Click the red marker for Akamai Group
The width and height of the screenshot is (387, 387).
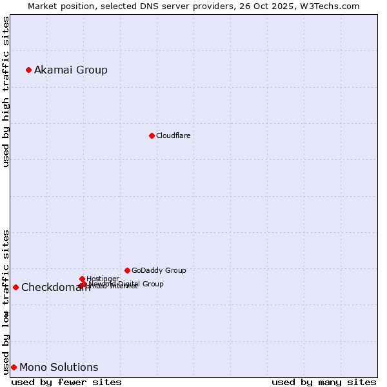[28, 70]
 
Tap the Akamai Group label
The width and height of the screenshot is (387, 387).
[71, 70]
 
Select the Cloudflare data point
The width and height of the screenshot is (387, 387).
[152, 135]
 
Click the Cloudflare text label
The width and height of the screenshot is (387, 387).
[173, 135]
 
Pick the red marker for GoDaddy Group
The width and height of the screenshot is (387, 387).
[127, 270]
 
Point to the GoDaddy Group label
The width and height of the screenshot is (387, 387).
[159, 270]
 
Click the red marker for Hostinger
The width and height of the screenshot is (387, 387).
[82, 279]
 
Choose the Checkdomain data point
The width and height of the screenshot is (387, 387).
[15, 287]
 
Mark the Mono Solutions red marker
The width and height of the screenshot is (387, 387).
[14, 367]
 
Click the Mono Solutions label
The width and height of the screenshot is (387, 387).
[59, 368]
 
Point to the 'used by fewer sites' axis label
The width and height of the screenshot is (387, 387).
[66, 382]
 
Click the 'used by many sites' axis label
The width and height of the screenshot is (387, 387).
[324, 382]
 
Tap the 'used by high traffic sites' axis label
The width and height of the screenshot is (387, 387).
[6, 92]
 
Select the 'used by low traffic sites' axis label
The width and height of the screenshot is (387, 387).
[6, 301]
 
